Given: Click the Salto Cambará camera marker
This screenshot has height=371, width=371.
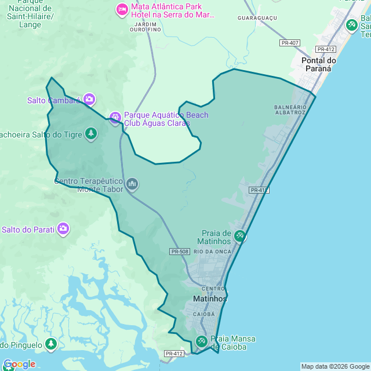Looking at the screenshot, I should (x=89, y=99).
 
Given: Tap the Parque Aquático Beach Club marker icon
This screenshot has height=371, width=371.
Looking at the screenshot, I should (x=115, y=118).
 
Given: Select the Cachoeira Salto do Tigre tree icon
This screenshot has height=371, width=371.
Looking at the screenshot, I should (x=91, y=134).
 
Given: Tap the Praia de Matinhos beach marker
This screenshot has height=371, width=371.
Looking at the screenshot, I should (x=240, y=236).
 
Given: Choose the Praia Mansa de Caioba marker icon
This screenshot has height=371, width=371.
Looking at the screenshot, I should (x=202, y=341).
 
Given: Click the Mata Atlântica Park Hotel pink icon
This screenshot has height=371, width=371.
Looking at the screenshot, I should (x=122, y=9).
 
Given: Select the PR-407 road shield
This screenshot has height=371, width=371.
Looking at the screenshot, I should (x=289, y=43).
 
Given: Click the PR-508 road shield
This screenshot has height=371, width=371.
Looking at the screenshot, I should (x=180, y=251).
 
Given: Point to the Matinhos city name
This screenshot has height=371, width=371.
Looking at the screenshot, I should (x=209, y=299).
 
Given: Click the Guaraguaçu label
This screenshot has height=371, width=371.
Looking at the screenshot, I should (x=257, y=19).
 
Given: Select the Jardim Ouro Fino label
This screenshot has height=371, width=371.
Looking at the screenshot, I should (x=145, y=26).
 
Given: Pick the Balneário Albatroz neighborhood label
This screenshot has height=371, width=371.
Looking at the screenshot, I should (x=290, y=110).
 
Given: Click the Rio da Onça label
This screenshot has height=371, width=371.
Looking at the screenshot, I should (x=213, y=251).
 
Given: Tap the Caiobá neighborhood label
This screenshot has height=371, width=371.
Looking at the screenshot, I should (x=203, y=314).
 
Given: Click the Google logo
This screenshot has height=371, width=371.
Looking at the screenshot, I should (x=19, y=364).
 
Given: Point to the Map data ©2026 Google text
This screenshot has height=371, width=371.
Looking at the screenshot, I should (x=335, y=366).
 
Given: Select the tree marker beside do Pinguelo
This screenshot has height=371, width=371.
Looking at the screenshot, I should (x=51, y=344).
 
